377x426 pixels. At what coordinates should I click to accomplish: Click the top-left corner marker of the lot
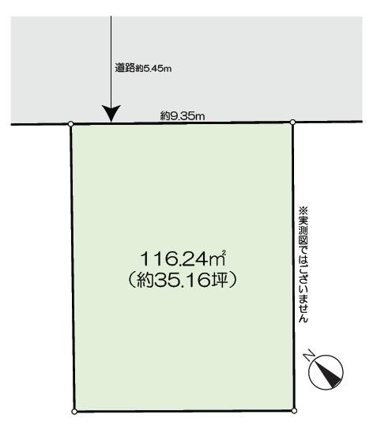tap(70, 124)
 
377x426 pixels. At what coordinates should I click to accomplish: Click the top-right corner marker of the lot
tap(292, 123)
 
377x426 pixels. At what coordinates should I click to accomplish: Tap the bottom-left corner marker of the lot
tap(74, 412)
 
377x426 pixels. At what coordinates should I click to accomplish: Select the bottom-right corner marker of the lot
tap(294, 411)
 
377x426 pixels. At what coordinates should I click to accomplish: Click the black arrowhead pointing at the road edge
tap(111, 114)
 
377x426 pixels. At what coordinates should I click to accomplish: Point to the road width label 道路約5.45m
tap(143, 68)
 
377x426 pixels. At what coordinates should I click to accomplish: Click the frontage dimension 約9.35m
tap(183, 116)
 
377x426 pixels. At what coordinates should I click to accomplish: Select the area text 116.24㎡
tap(183, 258)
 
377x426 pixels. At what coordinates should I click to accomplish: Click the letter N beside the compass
tap(309, 356)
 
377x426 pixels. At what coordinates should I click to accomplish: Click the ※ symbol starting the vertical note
tap(303, 210)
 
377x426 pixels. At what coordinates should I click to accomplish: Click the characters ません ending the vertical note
tap(303, 308)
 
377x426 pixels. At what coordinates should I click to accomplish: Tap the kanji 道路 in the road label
tap(125, 68)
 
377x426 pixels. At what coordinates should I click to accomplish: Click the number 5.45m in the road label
tap(157, 69)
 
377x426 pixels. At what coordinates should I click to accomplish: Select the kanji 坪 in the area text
tap(219, 280)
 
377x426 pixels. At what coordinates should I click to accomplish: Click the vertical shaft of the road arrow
tap(111, 61)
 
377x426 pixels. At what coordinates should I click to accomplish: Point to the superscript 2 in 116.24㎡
tap(224, 253)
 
